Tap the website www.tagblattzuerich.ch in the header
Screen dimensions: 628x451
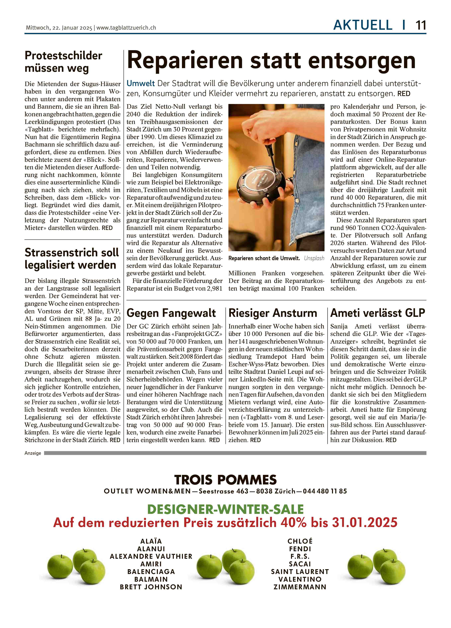click(126, 28)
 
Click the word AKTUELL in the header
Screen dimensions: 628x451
click(363, 25)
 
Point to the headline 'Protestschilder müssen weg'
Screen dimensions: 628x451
click(63, 62)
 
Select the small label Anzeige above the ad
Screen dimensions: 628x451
click(33, 453)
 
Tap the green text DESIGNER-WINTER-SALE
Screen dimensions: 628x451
click(225, 509)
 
